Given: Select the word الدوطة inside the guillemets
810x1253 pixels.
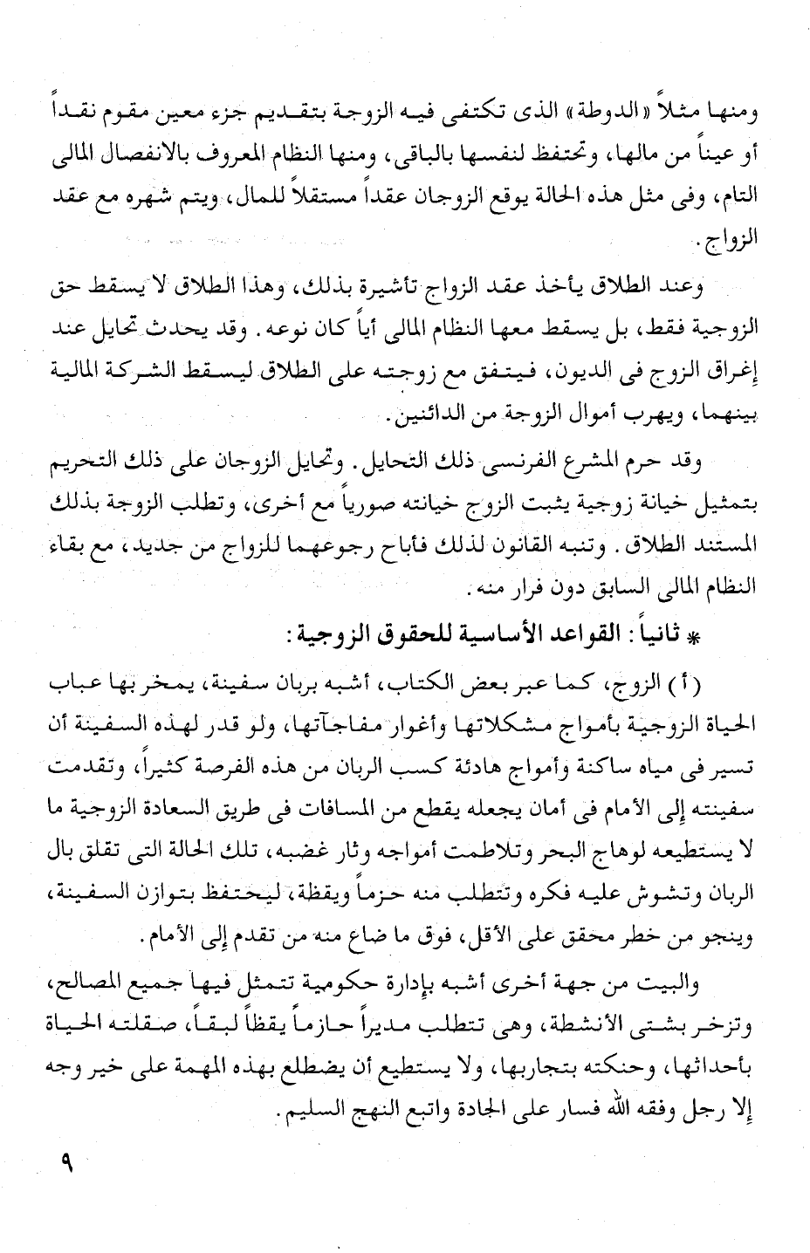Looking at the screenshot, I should pos(621,113).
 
